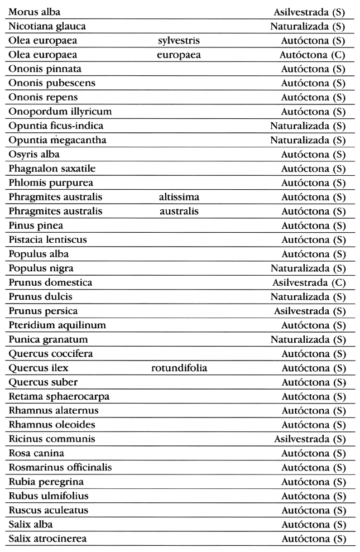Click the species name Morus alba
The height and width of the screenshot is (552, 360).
point(35,11)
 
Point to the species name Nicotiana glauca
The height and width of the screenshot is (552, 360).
point(47,26)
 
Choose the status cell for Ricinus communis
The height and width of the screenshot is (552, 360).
point(310,438)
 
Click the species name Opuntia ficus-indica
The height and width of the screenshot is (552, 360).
point(56,126)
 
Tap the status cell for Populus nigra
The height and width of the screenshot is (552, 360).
point(308,268)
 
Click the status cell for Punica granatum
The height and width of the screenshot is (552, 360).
point(308,339)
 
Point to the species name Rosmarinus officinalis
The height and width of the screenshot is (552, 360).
point(60,467)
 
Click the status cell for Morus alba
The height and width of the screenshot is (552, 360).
point(310,11)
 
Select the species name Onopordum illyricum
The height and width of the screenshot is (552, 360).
point(60,111)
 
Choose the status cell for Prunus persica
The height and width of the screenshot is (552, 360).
point(310,310)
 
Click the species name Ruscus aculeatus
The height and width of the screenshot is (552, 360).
point(48,510)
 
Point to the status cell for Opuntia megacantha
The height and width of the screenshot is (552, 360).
point(308,140)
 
